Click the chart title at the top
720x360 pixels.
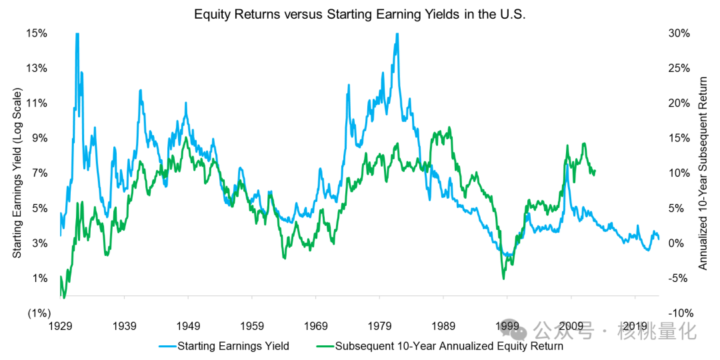[360, 14]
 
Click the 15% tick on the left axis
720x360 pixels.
[37, 33]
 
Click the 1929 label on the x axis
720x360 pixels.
[61, 326]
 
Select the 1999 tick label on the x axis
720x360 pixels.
[507, 326]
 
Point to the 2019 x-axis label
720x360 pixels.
[635, 326]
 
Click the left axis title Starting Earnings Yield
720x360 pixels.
[17, 173]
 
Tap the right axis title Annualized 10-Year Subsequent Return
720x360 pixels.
[703, 173]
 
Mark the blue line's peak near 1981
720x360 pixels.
[397, 34]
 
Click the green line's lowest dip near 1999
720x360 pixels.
[503, 279]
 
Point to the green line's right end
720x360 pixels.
[594, 171]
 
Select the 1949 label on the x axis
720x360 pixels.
[189, 326]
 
